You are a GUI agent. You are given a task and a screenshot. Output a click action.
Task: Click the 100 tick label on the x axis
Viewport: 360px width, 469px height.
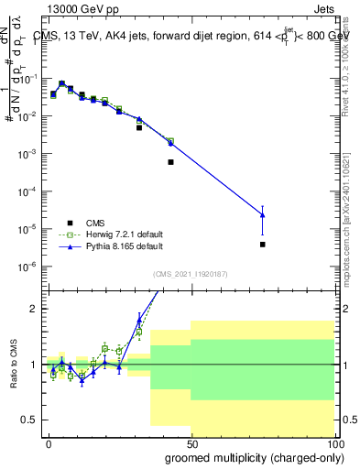tap(333, 442)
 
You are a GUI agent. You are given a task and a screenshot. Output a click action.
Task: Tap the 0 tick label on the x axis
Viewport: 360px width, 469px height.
tap(48, 442)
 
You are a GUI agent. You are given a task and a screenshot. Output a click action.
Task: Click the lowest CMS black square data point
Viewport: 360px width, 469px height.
tap(262, 245)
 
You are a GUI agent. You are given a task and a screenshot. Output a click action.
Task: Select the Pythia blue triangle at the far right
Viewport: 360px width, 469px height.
tap(262, 215)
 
